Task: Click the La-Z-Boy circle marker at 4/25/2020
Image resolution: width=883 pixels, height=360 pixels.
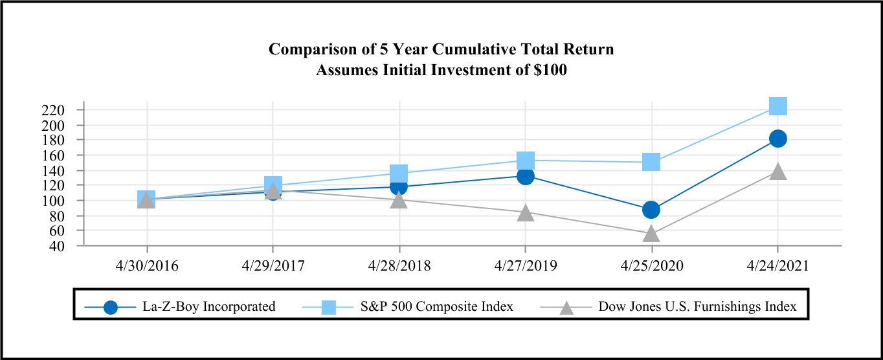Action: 651,210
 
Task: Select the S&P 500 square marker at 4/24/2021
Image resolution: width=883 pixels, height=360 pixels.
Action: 777,106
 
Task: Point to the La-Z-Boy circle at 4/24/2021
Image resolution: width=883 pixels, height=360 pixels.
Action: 777,139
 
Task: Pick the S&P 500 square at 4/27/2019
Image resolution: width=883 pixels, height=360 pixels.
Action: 525,160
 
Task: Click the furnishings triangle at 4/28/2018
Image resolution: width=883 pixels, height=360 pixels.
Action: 399,200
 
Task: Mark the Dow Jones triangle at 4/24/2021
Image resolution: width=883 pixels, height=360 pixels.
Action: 777,172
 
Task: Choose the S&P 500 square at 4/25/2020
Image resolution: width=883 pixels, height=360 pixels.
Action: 651,162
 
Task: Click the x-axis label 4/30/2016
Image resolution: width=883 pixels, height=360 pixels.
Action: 146,266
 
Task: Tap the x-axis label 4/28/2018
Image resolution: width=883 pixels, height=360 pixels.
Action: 399,266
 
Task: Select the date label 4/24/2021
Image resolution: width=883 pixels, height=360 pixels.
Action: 777,266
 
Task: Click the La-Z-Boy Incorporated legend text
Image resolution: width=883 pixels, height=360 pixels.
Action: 209,306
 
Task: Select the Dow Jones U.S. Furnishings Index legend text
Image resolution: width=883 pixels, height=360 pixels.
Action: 696,306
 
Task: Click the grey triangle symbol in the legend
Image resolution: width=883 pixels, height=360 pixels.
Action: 566,306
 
